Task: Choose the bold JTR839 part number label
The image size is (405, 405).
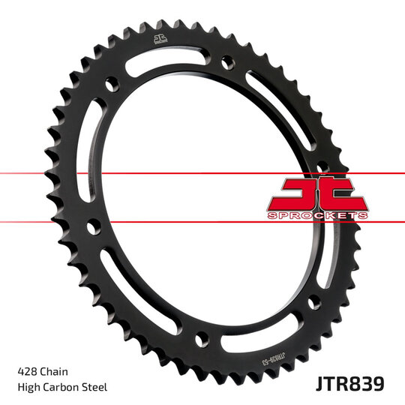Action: coord(349,384)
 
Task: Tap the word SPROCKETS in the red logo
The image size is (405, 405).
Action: coord(317,215)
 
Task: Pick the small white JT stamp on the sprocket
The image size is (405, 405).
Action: coord(159,41)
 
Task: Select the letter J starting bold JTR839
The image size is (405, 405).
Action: coord(318,384)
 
